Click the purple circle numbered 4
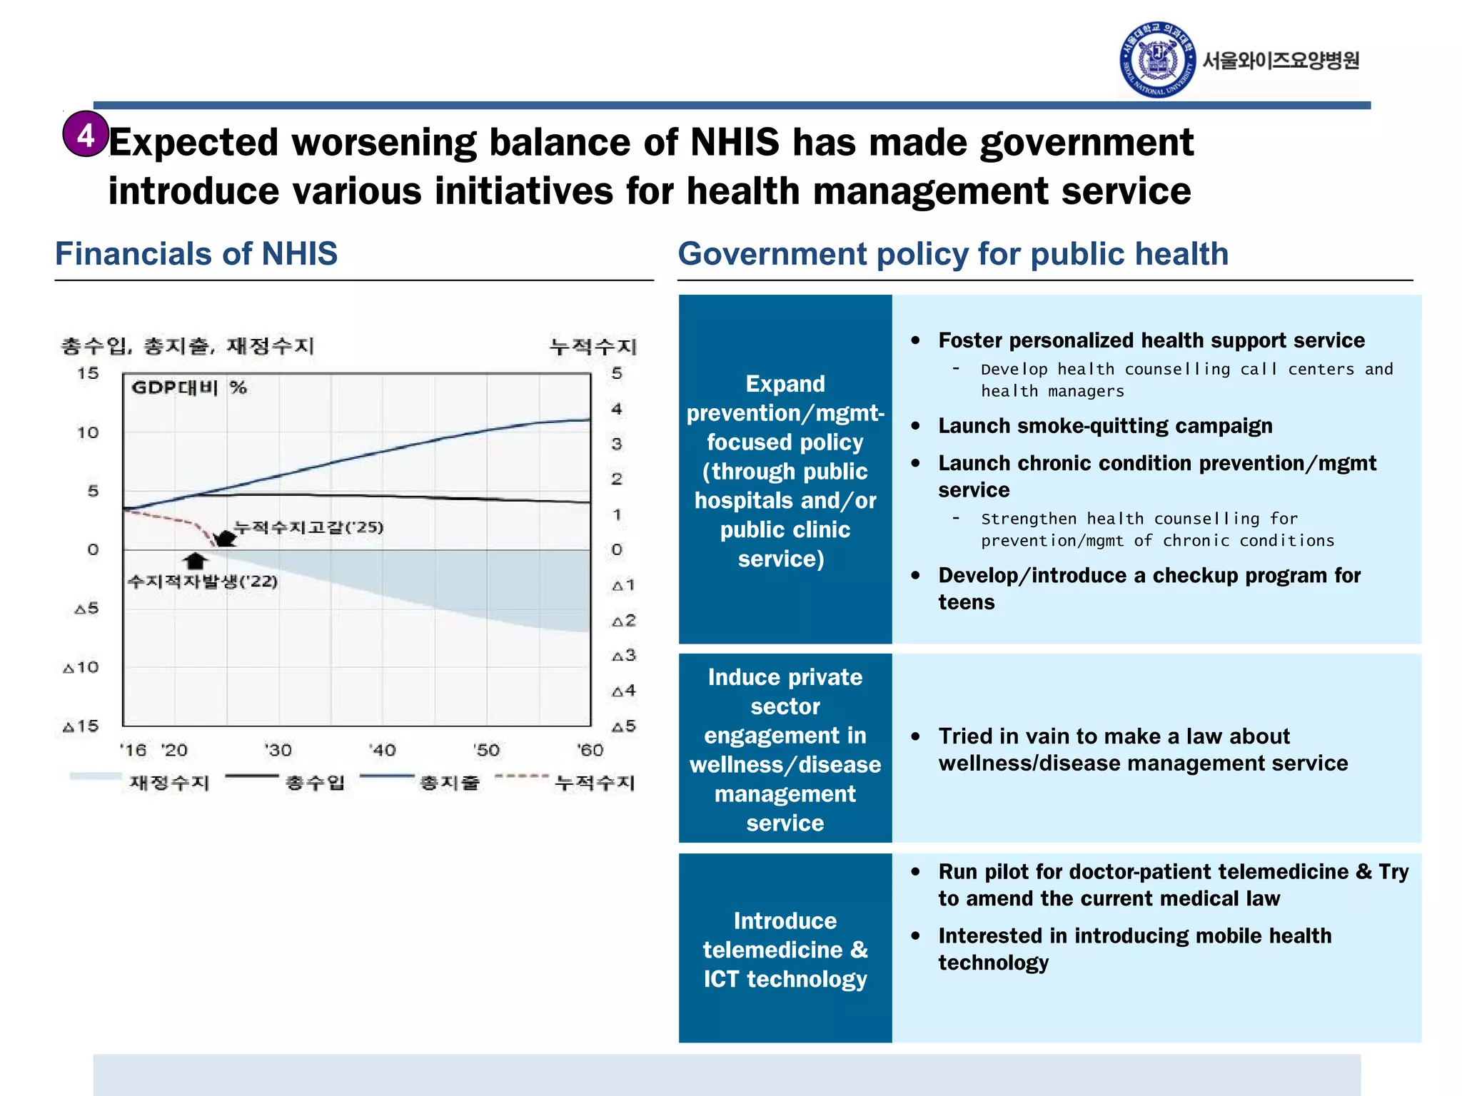86,134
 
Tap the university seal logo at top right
1157,60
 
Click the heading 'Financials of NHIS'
196,254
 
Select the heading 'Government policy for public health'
953,254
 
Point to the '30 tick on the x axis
278,750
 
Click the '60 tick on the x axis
590,750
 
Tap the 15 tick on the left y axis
88,373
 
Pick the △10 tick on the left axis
81,667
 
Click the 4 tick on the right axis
617,409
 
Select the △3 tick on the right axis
623,655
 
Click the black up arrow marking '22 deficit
195,561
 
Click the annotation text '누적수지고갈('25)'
309,527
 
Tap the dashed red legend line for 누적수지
522,776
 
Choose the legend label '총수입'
315,783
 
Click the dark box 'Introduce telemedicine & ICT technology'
785,949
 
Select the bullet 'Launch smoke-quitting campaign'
1105,426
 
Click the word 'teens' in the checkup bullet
967,602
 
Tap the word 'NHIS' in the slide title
735,142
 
